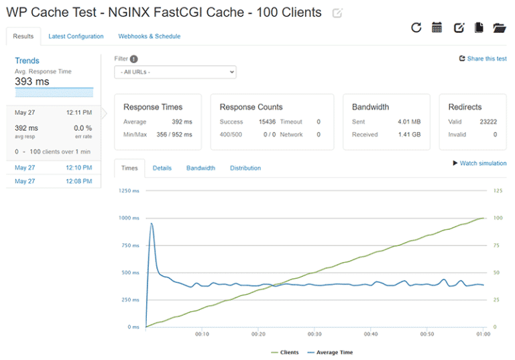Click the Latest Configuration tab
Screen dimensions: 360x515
(x=76, y=36)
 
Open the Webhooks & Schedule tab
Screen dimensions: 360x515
(x=149, y=36)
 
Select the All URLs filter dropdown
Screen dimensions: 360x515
(x=175, y=72)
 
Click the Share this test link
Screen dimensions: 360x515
(x=483, y=59)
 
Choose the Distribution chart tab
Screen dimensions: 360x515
(x=245, y=168)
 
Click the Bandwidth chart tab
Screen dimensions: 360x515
(x=201, y=168)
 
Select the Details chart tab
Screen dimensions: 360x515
(x=162, y=168)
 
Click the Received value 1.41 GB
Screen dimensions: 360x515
(x=409, y=135)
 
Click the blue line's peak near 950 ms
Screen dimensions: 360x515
(x=152, y=224)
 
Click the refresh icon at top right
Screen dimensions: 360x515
(x=416, y=27)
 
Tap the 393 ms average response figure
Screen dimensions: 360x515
(x=32, y=82)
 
